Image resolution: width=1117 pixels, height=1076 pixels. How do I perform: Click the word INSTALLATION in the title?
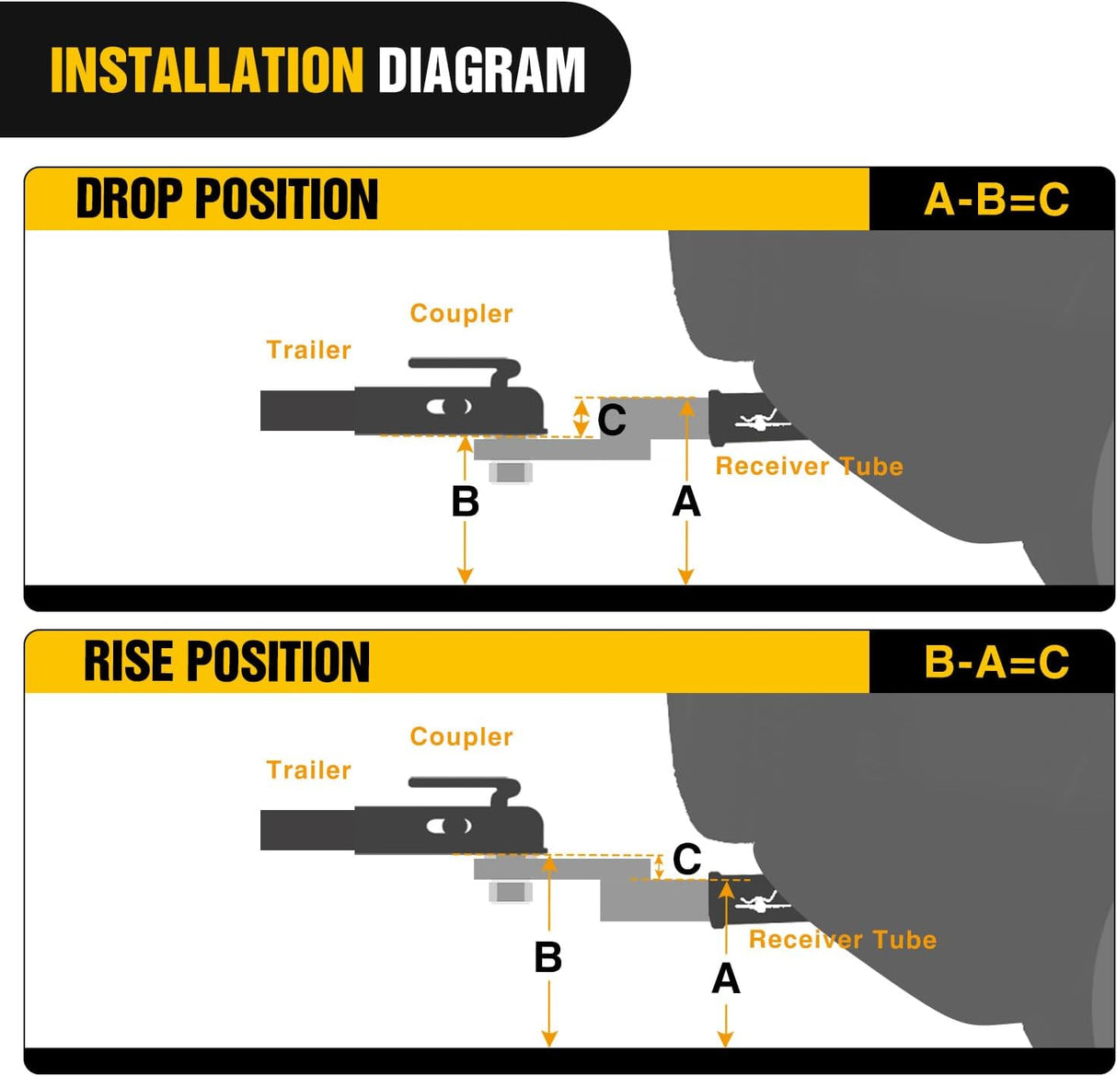[x=207, y=70]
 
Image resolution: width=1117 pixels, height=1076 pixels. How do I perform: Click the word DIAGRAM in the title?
[x=481, y=70]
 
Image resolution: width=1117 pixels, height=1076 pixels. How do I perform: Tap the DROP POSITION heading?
[x=227, y=199]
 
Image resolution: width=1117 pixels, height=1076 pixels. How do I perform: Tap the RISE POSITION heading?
[x=226, y=662]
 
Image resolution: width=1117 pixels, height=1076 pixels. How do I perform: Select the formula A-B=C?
[x=996, y=200]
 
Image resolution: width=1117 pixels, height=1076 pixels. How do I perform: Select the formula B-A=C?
[x=996, y=662]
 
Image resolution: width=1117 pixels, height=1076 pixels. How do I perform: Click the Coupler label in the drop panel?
[x=461, y=314]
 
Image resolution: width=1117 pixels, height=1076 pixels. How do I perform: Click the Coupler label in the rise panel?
[x=461, y=736]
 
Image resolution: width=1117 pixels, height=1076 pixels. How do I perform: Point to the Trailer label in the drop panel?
[x=308, y=350]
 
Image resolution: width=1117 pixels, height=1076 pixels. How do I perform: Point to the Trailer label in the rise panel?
[x=308, y=770]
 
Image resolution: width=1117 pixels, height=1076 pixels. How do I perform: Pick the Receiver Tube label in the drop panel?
[x=809, y=467]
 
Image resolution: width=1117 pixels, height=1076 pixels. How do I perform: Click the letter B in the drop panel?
[x=465, y=502]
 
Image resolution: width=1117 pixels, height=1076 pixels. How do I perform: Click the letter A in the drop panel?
[x=686, y=502]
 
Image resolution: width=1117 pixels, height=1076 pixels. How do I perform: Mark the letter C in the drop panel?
[x=612, y=420]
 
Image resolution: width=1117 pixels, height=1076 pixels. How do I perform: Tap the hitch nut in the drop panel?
[x=511, y=472]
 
